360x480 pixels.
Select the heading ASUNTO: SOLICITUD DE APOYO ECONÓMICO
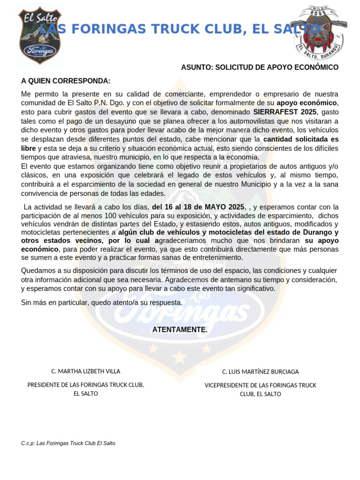(x=260, y=67)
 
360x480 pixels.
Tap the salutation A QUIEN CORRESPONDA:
(x=66, y=81)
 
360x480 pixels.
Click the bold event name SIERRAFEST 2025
(x=285, y=112)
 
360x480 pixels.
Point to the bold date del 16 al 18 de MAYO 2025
(x=198, y=207)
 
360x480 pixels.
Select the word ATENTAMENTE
(x=180, y=330)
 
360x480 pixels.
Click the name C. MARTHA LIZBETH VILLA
(x=86, y=371)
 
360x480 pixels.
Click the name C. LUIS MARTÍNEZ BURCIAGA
(x=260, y=372)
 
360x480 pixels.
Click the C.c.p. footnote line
(x=68, y=443)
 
